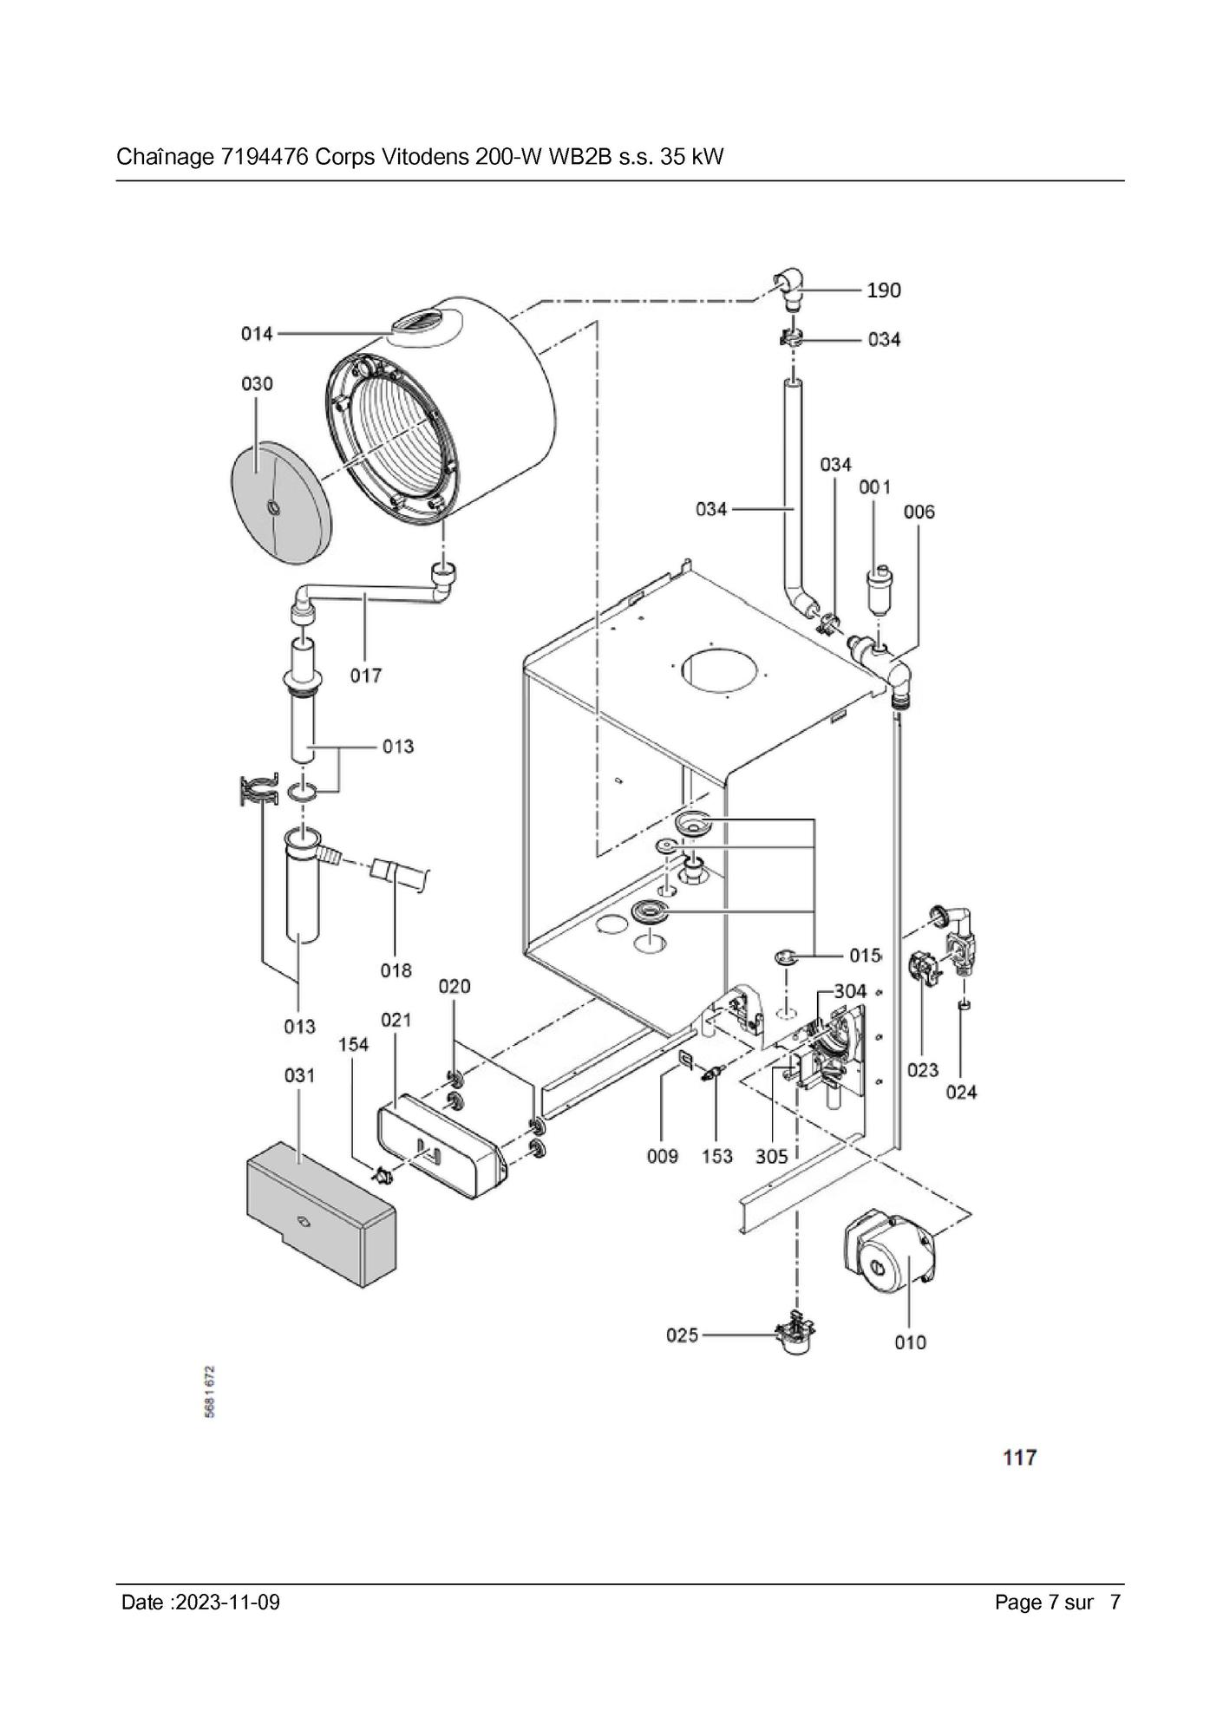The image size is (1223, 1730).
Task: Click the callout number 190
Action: [x=884, y=290]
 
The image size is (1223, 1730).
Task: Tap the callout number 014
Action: [x=257, y=334]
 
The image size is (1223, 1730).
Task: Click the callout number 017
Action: [x=365, y=675]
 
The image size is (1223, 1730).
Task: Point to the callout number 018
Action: [x=396, y=970]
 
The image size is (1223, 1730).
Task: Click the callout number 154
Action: [x=353, y=1044]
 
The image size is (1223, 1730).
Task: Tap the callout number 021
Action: [x=396, y=1020]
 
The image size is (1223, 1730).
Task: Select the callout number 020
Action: [x=454, y=986]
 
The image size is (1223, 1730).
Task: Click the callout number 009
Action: [x=662, y=1156]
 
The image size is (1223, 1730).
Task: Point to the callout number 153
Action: [x=717, y=1156]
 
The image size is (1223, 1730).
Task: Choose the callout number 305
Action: [x=771, y=1156]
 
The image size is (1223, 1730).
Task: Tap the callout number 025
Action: [x=682, y=1335]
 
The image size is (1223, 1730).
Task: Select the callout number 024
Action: [x=961, y=1092]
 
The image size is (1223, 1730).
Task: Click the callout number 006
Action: [x=919, y=512]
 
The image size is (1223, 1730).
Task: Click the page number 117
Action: [x=1019, y=1458]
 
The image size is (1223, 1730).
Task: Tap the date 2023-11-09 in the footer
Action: [x=227, y=1602]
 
